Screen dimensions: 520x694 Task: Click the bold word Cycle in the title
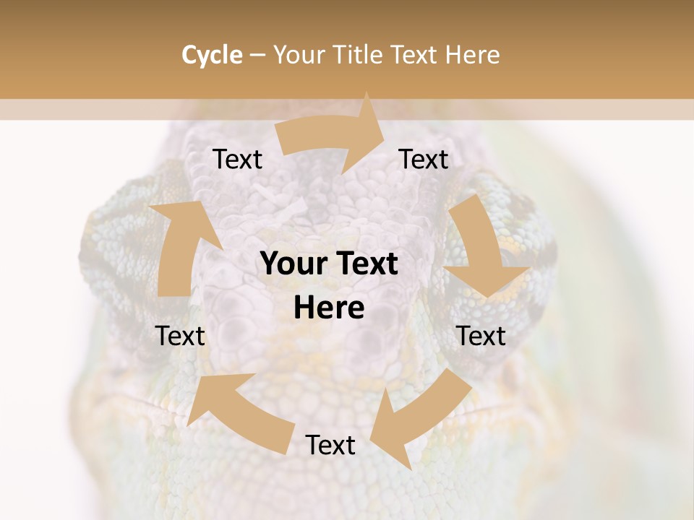(x=212, y=55)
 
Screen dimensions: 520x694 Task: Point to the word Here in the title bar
(x=473, y=55)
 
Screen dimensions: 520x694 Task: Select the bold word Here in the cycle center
(x=329, y=308)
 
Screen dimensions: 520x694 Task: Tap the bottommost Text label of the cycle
(x=330, y=445)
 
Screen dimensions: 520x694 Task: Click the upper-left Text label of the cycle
(x=237, y=159)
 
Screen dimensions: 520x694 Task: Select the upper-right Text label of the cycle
(x=424, y=159)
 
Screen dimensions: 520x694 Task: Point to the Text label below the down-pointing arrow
(x=481, y=336)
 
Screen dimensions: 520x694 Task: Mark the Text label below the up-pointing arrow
(x=181, y=336)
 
